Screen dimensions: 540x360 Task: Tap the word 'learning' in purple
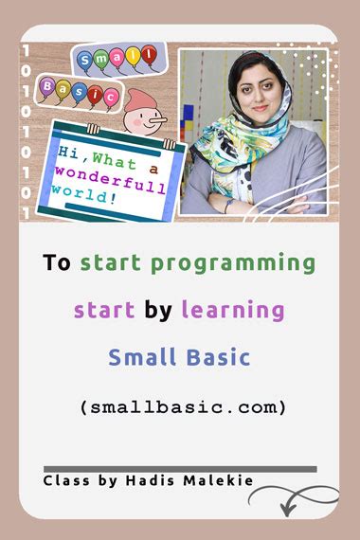233,310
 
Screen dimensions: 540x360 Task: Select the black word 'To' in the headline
56,262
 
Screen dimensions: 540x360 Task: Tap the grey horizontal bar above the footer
180,468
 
